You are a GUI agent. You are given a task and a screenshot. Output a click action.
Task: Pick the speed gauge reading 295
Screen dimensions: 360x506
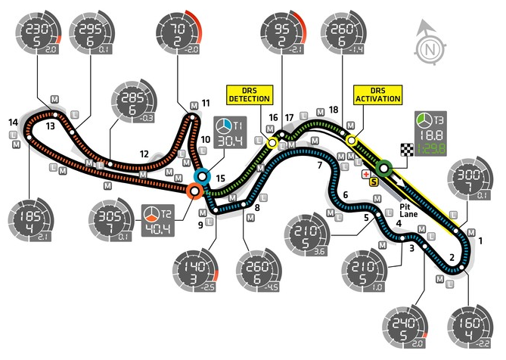[x=91, y=34]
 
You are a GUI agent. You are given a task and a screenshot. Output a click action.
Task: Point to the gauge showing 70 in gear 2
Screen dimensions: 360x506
[x=178, y=34]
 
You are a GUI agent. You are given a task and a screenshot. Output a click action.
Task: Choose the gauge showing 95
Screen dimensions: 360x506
[x=281, y=34]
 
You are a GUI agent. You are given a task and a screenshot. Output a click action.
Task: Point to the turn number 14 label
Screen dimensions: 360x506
[x=14, y=122]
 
